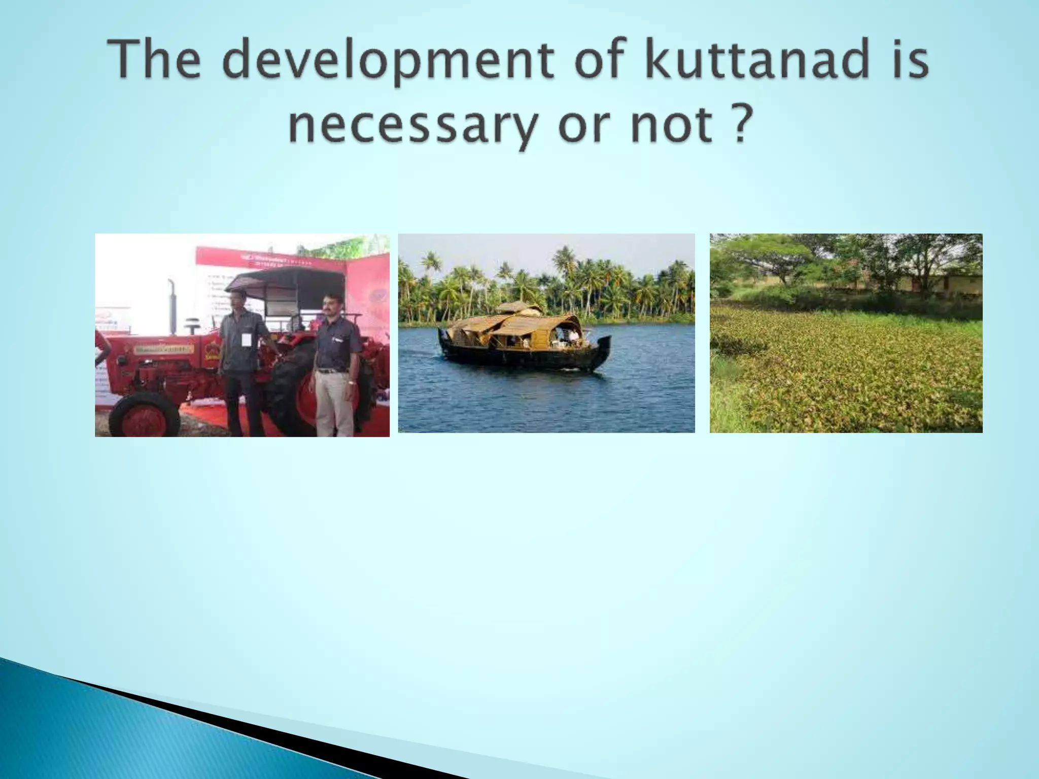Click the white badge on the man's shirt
pyautogui.click(x=246, y=339)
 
